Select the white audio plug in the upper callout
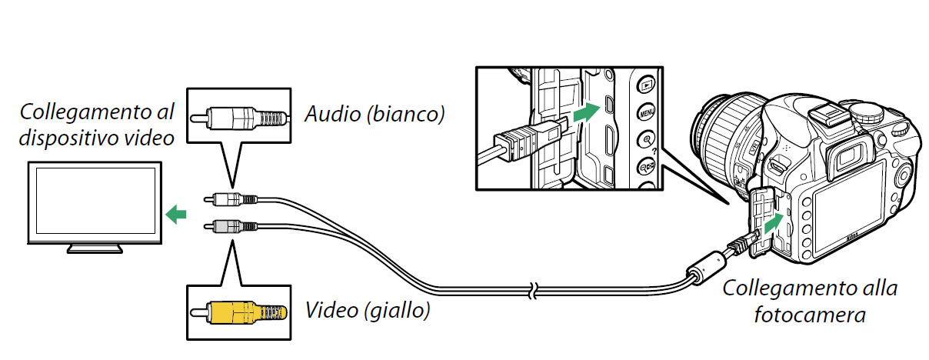point(238,118)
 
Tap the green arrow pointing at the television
point(176,215)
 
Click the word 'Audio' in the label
point(333,114)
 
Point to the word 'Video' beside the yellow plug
point(331,310)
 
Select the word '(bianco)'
point(406,115)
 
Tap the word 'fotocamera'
point(810,315)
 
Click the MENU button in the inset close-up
point(647,112)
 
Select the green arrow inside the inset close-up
point(587,112)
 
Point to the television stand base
point(95,248)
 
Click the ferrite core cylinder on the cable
point(705,268)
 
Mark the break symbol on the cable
point(534,291)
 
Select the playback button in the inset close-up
point(646,85)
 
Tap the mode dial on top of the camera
point(867,111)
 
